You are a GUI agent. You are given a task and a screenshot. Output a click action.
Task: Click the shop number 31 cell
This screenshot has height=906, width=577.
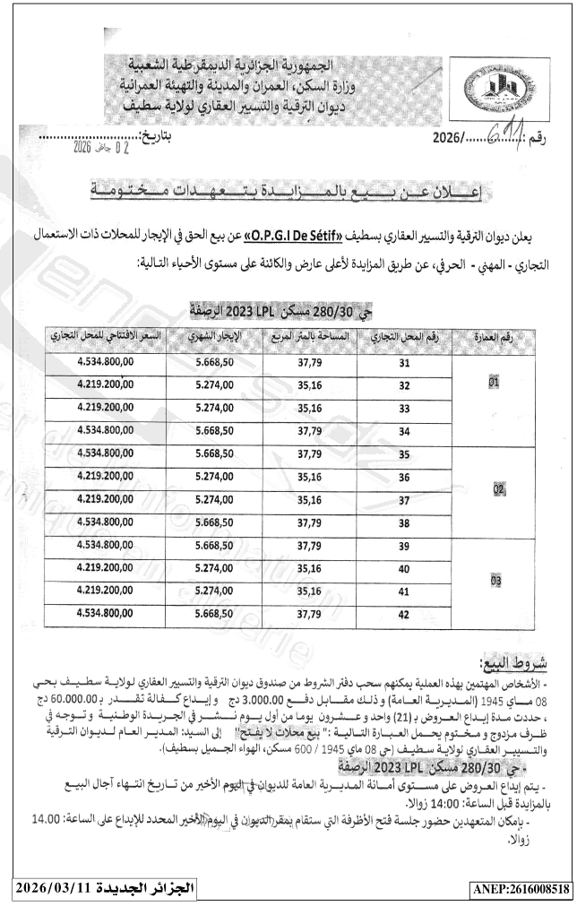click(x=404, y=364)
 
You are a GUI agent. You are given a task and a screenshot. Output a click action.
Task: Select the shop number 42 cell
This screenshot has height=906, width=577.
click(x=404, y=614)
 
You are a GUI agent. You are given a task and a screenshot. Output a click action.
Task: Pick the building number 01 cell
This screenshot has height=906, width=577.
click(x=493, y=381)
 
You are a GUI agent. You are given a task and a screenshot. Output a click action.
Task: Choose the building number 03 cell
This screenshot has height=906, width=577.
click(x=493, y=580)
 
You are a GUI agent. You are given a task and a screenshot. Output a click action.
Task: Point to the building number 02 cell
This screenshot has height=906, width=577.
click(x=493, y=489)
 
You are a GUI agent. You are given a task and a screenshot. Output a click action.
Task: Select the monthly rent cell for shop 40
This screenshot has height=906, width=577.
click(x=214, y=568)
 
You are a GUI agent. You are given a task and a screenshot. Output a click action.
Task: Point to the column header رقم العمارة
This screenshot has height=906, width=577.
click(x=492, y=338)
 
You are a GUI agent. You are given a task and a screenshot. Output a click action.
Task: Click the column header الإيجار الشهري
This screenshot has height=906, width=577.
click(x=214, y=338)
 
